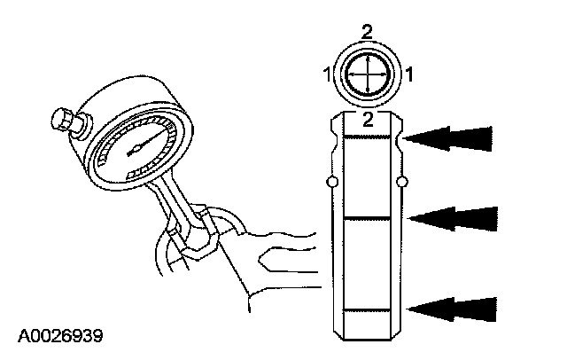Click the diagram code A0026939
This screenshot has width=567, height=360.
pos(59,335)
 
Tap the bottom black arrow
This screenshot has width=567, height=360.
pos(454,308)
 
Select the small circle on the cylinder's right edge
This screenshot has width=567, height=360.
pos(403,183)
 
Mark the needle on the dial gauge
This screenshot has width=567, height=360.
pos(138,146)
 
